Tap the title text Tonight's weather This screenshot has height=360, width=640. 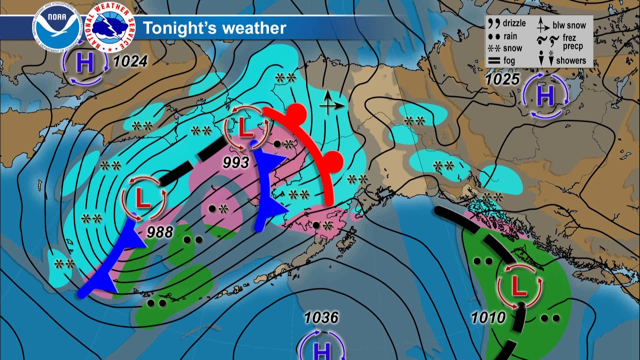pos(214,28)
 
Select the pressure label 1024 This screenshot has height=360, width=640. pos(130,62)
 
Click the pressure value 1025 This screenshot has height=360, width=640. pos(502,79)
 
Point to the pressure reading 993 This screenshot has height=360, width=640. pos(236,162)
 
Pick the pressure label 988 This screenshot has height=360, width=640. pos(160,232)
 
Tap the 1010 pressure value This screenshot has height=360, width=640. pos(488,317)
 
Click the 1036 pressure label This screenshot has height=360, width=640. pos(321,317)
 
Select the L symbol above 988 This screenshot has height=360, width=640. pos(143,199)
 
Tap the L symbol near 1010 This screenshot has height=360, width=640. pos(519,286)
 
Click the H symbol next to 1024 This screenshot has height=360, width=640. pos(85,64)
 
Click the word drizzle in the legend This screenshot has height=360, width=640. pos(514,23)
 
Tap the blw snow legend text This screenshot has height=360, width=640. pos(569,25)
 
